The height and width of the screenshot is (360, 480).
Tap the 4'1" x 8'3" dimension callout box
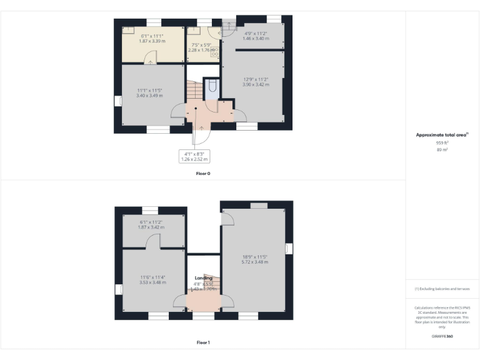(x=193, y=156)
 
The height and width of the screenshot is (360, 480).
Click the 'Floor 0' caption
(x=203, y=173)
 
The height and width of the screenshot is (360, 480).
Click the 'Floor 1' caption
(x=203, y=342)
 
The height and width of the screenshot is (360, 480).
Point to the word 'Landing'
(x=203, y=277)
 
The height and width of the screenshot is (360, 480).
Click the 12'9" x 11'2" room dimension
(x=256, y=81)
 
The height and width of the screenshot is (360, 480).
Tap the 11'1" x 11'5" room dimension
(x=150, y=93)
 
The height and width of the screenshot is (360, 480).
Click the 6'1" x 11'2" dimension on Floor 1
(x=150, y=225)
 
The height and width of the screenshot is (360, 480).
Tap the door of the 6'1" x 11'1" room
(x=150, y=59)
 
